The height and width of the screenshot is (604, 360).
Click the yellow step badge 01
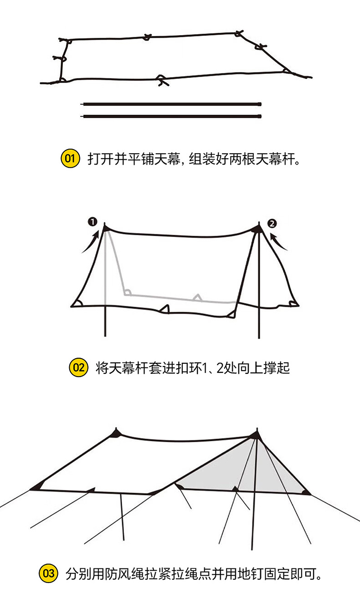click(70, 159)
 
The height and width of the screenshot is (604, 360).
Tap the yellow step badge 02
click(78, 367)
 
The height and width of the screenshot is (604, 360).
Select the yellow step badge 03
click(49, 573)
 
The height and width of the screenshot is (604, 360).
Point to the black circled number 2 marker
click(273, 223)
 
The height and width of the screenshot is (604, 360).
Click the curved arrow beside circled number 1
click(90, 242)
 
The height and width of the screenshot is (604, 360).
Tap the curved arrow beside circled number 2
click(279, 242)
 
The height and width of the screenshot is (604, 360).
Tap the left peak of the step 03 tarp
click(117, 432)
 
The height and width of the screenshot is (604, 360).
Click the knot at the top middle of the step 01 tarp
click(147, 37)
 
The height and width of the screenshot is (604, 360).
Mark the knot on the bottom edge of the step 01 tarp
click(162, 80)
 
